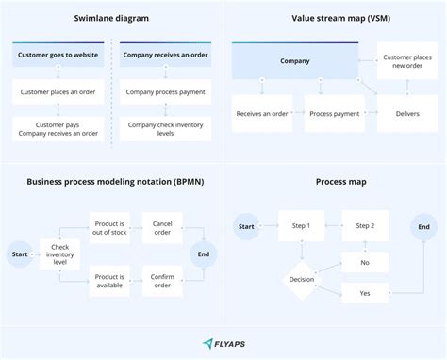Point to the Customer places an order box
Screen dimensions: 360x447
59,92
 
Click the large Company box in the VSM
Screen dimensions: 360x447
295,61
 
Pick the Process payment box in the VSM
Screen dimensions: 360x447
333,114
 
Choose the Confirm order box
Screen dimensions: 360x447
162,279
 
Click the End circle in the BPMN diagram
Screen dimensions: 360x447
202,254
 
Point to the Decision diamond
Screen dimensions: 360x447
301,279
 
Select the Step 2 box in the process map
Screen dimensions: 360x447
364,226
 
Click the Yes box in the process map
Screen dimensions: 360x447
364,294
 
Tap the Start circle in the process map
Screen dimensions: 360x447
247,226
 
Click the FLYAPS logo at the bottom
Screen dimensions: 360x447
223,344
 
